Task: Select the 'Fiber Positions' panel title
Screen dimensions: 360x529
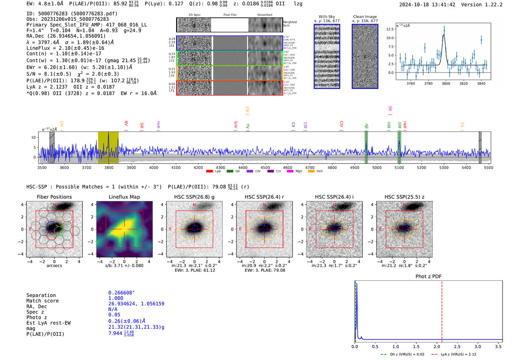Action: click(x=54, y=197)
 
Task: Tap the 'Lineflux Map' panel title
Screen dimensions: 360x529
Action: click(x=124, y=197)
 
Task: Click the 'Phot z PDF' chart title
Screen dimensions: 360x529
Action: click(x=428, y=277)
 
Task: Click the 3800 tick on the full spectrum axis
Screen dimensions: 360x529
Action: click(x=109, y=168)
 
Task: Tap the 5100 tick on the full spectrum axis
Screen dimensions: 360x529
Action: click(x=399, y=168)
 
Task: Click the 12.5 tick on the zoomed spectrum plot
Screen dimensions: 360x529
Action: click(x=390, y=29)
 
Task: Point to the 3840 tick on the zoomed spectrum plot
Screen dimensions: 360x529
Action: click(x=481, y=83)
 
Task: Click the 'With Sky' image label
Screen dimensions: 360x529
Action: click(x=326, y=17)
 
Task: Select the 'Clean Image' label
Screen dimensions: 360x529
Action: click(x=365, y=17)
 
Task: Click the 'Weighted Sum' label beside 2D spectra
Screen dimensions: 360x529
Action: click(x=290, y=24)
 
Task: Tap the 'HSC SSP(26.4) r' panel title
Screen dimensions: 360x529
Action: click(x=264, y=197)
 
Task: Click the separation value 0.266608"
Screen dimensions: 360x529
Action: click(x=121, y=293)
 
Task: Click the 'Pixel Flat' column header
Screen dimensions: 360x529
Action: click(x=230, y=15)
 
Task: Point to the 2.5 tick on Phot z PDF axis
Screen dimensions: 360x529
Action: click(x=457, y=346)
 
